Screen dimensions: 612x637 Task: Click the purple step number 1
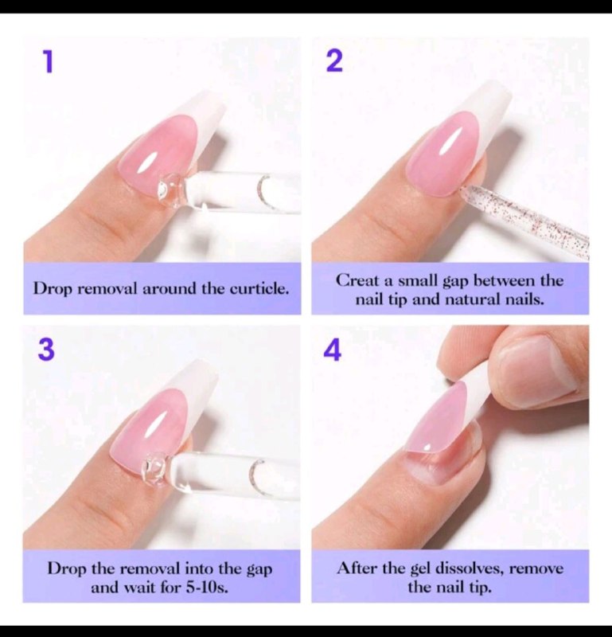tap(49, 62)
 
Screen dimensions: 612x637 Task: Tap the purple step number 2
tap(334, 62)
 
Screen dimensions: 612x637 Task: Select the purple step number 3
tap(46, 350)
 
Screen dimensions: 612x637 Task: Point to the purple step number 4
tap(333, 350)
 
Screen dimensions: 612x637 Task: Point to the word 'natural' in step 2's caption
tap(472, 300)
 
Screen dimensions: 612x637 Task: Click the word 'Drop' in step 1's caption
tap(53, 289)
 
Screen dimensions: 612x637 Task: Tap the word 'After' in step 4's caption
tap(357, 568)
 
